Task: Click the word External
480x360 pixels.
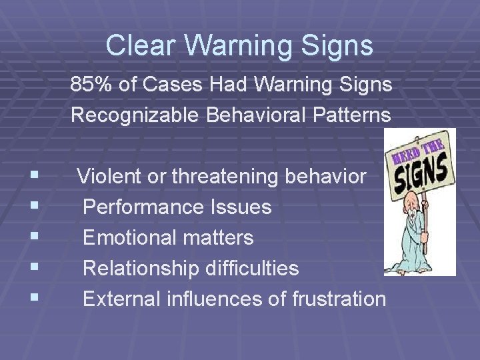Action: point(118,299)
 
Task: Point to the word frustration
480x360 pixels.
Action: point(339,299)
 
